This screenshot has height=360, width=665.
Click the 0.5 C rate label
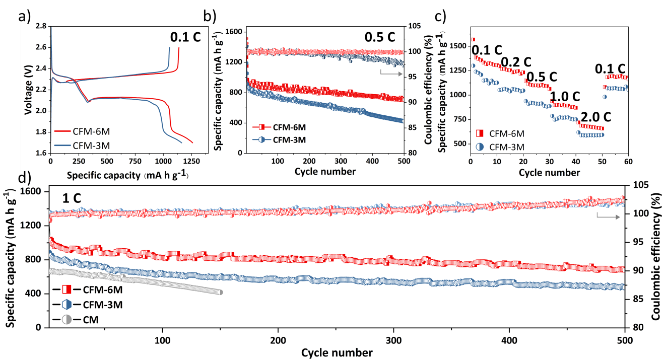coord(380,37)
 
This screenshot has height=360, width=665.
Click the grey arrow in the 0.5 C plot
coord(395,74)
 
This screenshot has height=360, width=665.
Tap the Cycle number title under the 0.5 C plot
coord(325,171)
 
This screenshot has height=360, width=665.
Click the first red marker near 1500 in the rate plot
coord(473,40)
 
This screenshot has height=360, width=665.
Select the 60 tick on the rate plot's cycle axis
coord(628,162)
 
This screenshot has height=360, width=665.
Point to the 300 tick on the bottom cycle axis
coord(393,340)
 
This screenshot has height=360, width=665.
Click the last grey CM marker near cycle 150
coord(220,292)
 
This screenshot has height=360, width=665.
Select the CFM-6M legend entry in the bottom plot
coord(96,290)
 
